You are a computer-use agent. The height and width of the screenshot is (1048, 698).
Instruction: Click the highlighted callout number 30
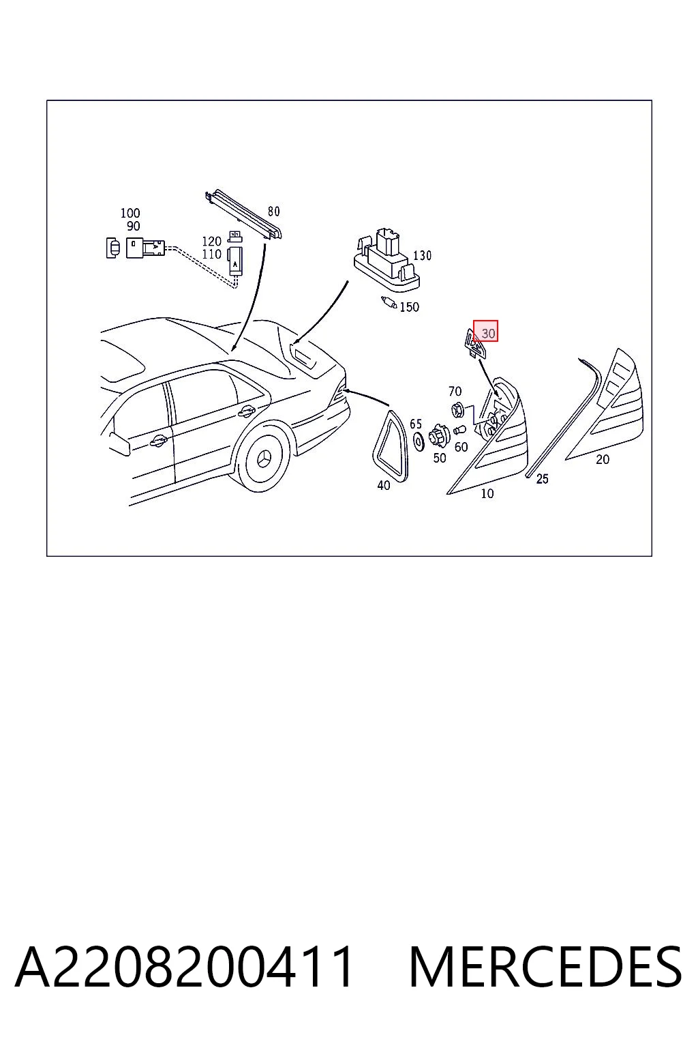[x=487, y=333]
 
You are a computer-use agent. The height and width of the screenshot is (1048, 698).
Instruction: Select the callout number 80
[x=273, y=212]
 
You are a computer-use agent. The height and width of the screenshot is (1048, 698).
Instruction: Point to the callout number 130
[x=422, y=255]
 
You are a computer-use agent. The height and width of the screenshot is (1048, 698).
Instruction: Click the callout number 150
[x=409, y=307]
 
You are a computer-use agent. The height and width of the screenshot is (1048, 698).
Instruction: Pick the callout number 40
[x=383, y=486]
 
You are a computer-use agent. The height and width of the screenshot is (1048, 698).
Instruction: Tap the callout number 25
[x=542, y=478]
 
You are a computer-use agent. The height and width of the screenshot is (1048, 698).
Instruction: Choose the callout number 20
[x=602, y=459]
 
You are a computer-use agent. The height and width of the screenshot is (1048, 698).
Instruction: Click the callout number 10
[x=487, y=493]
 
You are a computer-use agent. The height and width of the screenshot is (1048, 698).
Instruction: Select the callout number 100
[x=130, y=214]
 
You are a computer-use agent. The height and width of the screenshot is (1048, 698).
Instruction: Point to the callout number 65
[x=416, y=424]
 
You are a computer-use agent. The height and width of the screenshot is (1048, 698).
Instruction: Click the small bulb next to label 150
[x=389, y=303]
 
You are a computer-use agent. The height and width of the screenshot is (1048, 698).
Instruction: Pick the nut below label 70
[x=457, y=409]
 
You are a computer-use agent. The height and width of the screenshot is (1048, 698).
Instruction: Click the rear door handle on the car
[x=246, y=411]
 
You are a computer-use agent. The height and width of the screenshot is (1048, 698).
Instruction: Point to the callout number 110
[x=211, y=254]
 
